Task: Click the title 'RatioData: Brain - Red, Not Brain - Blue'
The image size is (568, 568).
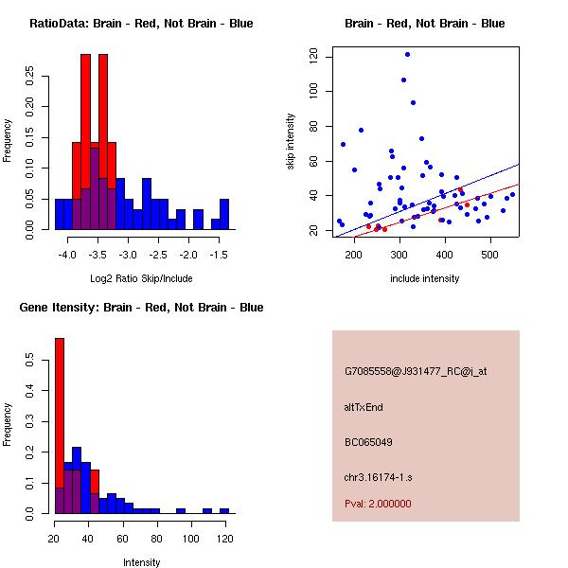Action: pyautogui.click(x=141, y=24)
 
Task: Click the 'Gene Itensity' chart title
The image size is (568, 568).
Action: pyautogui.click(x=141, y=308)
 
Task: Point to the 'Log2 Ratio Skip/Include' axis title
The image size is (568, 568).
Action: pyautogui.click(x=141, y=278)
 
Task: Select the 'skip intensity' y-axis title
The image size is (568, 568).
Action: pyautogui.click(x=292, y=142)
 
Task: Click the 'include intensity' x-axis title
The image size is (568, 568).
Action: pyautogui.click(x=425, y=278)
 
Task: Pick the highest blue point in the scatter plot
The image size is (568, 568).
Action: pyautogui.click(x=407, y=54)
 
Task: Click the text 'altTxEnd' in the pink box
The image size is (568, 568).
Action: pyautogui.click(x=364, y=407)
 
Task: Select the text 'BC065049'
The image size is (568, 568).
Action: pyautogui.click(x=368, y=442)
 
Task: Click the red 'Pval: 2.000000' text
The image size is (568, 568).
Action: pyautogui.click(x=378, y=504)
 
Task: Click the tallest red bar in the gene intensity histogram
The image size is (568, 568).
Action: pyautogui.click(x=60, y=426)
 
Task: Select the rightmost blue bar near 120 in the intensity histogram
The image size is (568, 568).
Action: pyautogui.click(x=224, y=510)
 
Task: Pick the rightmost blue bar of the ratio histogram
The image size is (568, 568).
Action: pyautogui.click(x=224, y=214)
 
